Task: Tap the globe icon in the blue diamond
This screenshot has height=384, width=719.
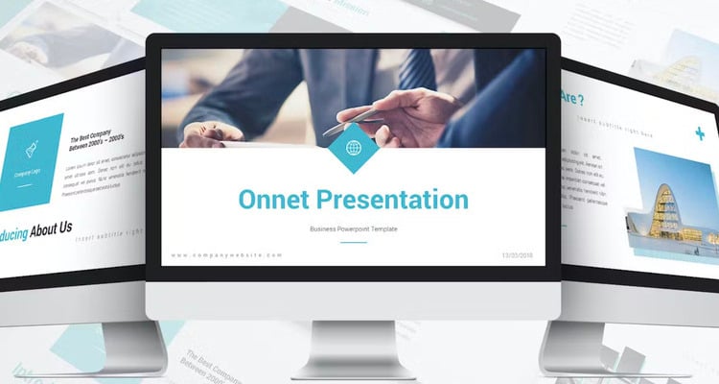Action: (354, 148)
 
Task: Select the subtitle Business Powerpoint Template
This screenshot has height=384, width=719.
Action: (354, 228)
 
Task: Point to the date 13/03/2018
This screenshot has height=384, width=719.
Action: (519, 255)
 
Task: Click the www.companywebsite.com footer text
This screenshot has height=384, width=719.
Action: (227, 255)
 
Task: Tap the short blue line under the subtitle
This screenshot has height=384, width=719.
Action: (354, 242)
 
